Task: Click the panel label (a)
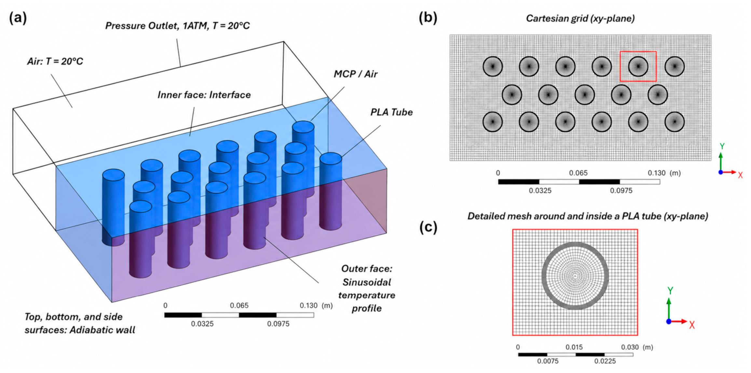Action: point(18,18)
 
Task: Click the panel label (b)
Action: point(428,18)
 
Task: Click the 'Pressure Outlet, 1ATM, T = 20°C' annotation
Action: point(177,26)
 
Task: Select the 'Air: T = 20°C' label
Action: point(55,61)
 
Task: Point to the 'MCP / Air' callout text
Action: point(356,74)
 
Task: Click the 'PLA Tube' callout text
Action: point(391,112)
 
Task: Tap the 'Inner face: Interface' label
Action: point(204,95)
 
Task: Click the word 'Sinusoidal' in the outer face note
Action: point(367,282)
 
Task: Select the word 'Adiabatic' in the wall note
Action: point(90,330)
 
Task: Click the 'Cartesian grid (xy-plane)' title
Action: point(580,19)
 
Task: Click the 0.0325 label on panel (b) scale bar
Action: point(540,191)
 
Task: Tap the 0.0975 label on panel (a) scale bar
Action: point(278,324)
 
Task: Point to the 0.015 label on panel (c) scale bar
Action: point(574,347)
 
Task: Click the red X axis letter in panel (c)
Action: point(692,325)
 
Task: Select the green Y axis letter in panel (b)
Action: point(722,146)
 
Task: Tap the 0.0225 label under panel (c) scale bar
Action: point(605,361)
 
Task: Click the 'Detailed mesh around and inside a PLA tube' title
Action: point(588,216)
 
